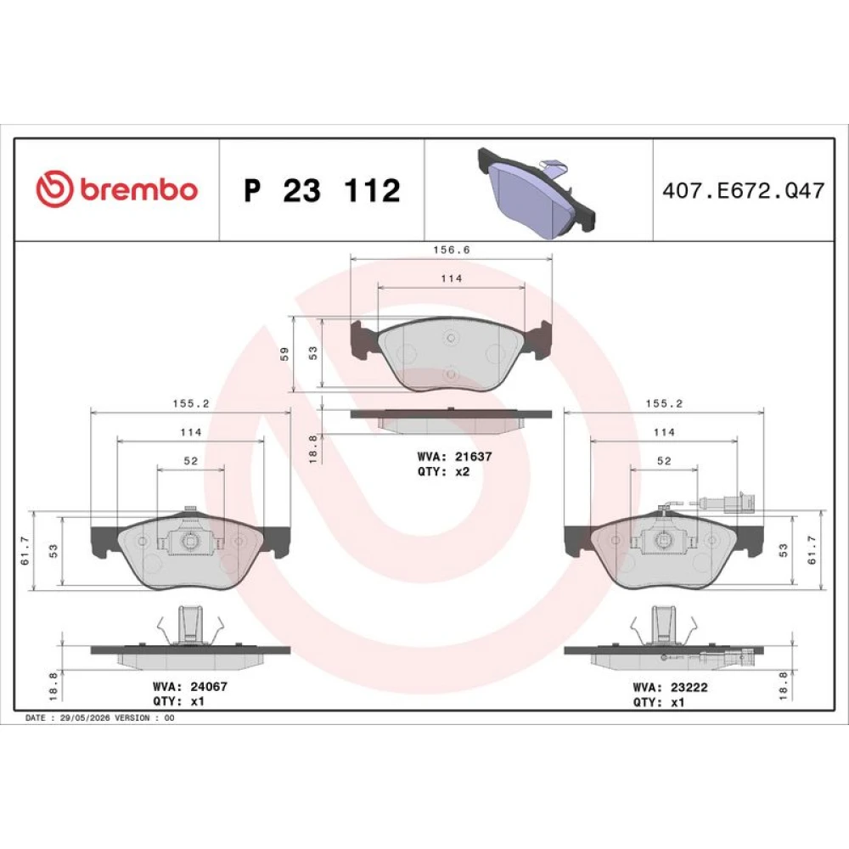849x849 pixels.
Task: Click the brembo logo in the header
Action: [x=116, y=189]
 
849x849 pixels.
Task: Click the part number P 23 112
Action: [x=322, y=190]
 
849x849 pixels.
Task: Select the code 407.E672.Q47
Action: [x=744, y=190]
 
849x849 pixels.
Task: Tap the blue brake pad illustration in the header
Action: [x=536, y=193]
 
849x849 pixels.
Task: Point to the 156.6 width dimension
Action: [x=452, y=250]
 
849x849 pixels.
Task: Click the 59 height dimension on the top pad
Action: [x=284, y=354]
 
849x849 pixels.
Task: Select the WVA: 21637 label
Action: [x=454, y=457]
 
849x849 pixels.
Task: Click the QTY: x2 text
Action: [x=443, y=471]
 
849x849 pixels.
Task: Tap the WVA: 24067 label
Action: [x=189, y=687]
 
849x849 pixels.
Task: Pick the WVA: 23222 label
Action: [x=671, y=687]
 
